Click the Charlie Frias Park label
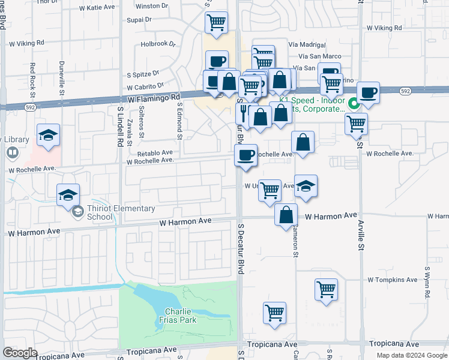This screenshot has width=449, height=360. (191, 315)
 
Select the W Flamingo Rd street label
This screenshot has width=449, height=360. (154, 97)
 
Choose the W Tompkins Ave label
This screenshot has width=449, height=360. (393, 280)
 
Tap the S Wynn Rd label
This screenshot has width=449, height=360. (427, 283)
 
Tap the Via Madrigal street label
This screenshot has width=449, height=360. (307, 45)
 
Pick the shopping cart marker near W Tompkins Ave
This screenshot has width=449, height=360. (326, 289)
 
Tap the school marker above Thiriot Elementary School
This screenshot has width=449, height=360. (68, 194)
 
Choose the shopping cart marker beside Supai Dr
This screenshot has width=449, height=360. (216, 23)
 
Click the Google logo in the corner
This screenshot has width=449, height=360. (20, 353)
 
